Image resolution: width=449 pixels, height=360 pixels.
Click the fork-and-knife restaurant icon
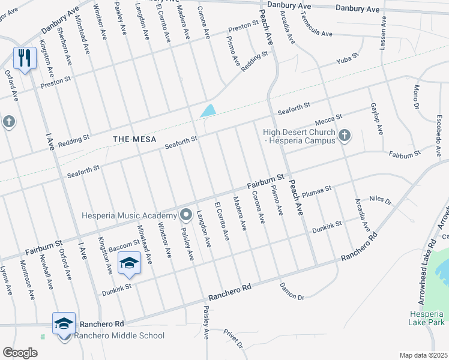click(24, 58)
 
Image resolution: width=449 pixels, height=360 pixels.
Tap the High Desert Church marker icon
click(345, 136)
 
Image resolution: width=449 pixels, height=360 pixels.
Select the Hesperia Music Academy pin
click(185, 215)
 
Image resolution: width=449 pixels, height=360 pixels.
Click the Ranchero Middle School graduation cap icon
click(64, 324)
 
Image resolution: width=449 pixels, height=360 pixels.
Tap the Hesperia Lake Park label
click(426, 318)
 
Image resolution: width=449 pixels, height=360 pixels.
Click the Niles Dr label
click(380, 200)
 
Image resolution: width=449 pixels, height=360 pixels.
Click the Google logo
click(20, 352)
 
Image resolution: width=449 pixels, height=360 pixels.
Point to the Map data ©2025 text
click(423, 355)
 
